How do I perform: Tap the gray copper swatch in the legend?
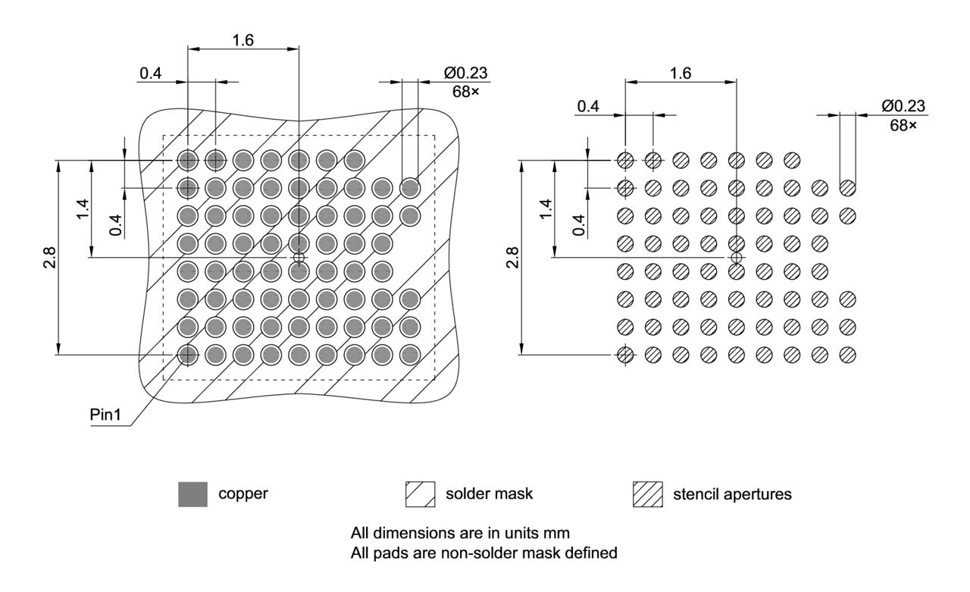pyautogui.click(x=192, y=495)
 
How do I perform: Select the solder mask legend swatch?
pyautogui.click(x=420, y=495)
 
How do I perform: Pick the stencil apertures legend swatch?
pyautogui.click(x=648, y=495)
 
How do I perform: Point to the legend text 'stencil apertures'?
pyautogui.click(x=732, y=495)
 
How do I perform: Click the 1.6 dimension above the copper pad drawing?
pyautogui.click(x=242, y=40)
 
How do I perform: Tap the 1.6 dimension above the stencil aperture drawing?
pyautogui.click(x=681, y=73)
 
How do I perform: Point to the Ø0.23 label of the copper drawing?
pyautogui.click(x=466, y=73)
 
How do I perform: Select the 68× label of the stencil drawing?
pyautogui.click(x=903, y=124)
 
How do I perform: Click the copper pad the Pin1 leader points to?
pyautogui.click(x=187, y=354)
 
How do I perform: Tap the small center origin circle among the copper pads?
pyautogui.click(x=299, y=258)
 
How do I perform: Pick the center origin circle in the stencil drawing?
pyautogui.click(x=737, y=258)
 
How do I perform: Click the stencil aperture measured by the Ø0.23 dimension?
pyautogui.click(x=847, y=187)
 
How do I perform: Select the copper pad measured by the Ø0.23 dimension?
pyautogui.click(x=410, y=187)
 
